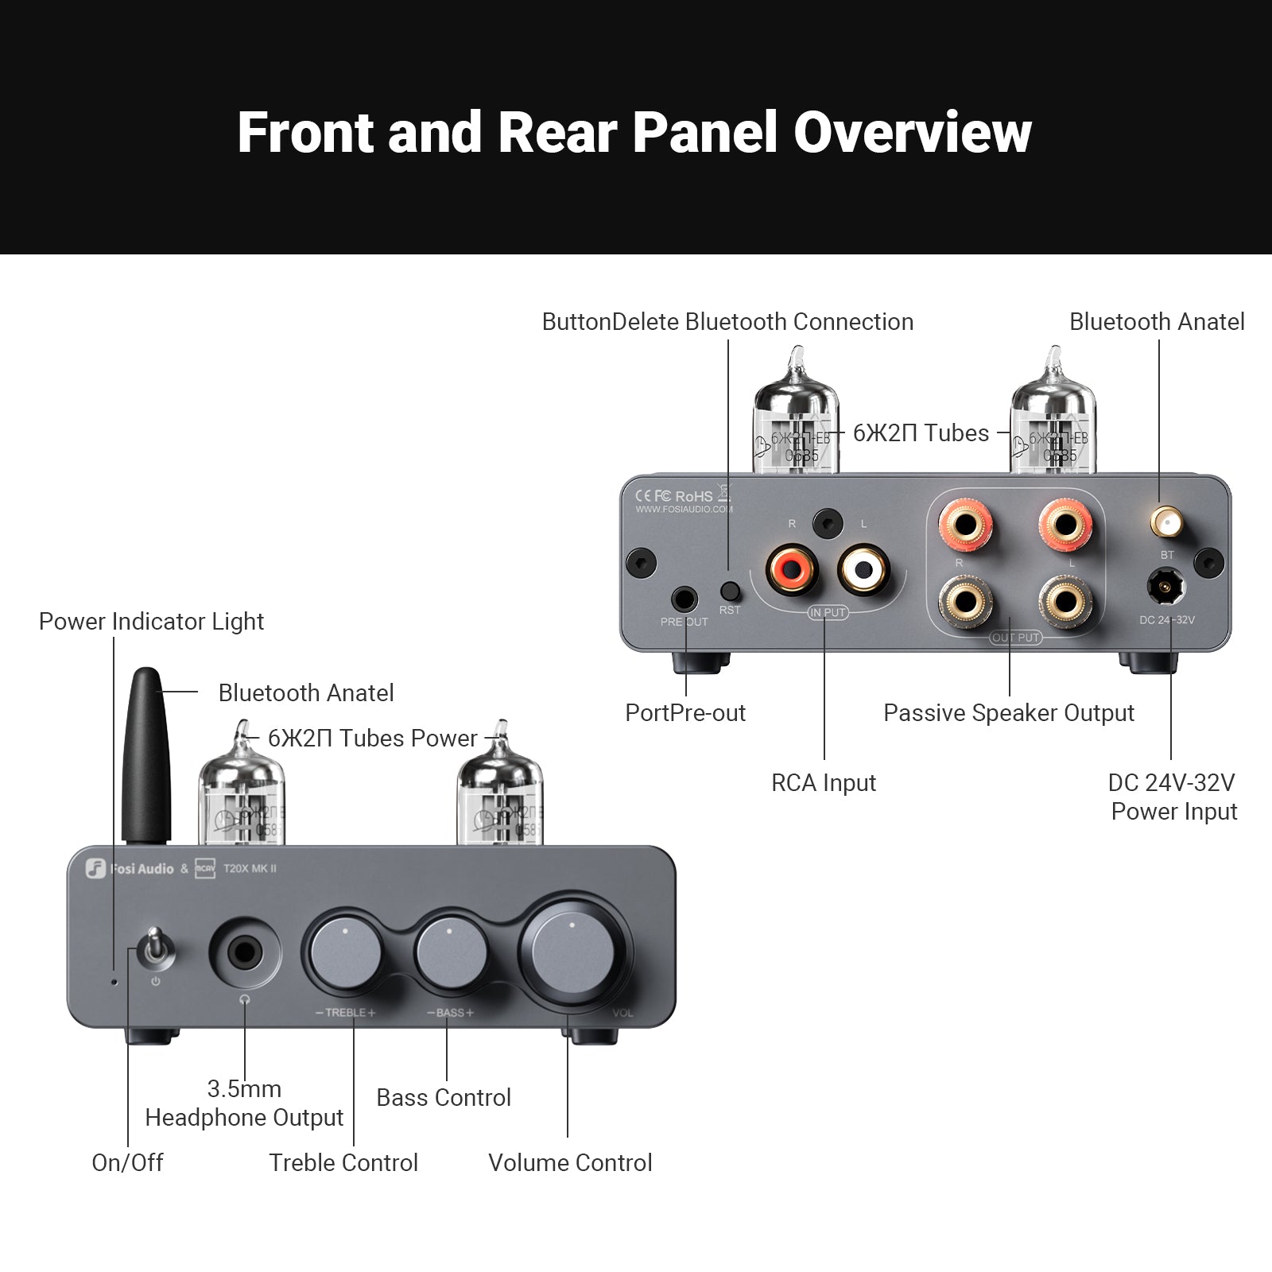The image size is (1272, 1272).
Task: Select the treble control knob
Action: tap(344, 952)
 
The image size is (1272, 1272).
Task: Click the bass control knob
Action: tap(450, 952)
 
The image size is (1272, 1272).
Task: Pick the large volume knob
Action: tap(571, 951)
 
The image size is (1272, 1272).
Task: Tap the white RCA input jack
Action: tap(863, 568)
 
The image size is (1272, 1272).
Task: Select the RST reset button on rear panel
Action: tap(729, 591)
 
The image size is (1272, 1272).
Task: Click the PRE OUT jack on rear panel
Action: tap(684, 599)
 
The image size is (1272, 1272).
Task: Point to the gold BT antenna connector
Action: tap(1165, 523)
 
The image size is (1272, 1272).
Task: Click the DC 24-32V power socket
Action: tap(1165, 588)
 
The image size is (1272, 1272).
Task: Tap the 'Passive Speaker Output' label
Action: tap(1008, 713)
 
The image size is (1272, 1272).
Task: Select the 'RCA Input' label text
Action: tap(823, 783)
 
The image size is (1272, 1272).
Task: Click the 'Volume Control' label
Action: tap(570, 1163)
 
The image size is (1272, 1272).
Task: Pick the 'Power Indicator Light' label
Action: tap(151, 622)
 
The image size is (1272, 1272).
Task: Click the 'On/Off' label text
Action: tap(127, 1163)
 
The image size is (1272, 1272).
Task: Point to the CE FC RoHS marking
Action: tap(674, 495)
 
